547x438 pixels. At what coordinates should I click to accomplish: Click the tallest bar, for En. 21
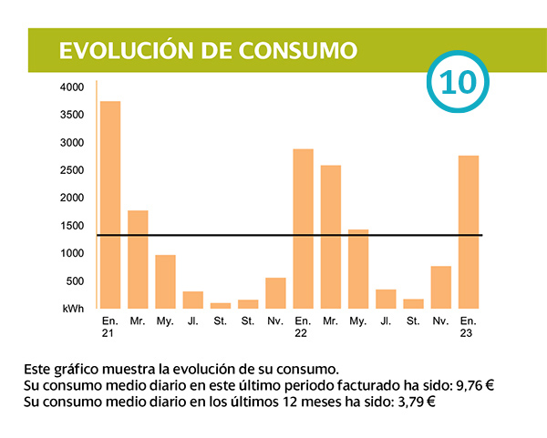coord(110,204)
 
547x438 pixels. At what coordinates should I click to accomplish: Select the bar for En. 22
coord(303,228)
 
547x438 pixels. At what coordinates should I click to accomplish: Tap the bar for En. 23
coord(468,231)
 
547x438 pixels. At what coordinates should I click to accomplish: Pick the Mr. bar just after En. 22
coord(330,236)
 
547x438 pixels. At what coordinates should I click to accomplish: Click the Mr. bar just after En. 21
coord(138,259)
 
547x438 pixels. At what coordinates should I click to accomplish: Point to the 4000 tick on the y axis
coord(72,87)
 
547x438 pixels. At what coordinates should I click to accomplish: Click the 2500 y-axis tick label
coord(72,170)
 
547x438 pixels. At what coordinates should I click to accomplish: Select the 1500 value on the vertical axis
coord(72,226)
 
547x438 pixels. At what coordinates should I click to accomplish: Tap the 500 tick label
coord(75,281)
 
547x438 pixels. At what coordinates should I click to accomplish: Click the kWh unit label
coord(73,310)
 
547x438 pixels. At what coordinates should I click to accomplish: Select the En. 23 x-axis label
coord(468,328)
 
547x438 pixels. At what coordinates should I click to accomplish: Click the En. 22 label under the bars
coord(303,328)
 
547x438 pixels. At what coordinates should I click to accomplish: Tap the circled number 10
coord(458,82)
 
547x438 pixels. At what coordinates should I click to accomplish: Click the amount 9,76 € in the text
coord(474,385)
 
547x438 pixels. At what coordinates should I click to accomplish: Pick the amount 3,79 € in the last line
coord(415,402)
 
